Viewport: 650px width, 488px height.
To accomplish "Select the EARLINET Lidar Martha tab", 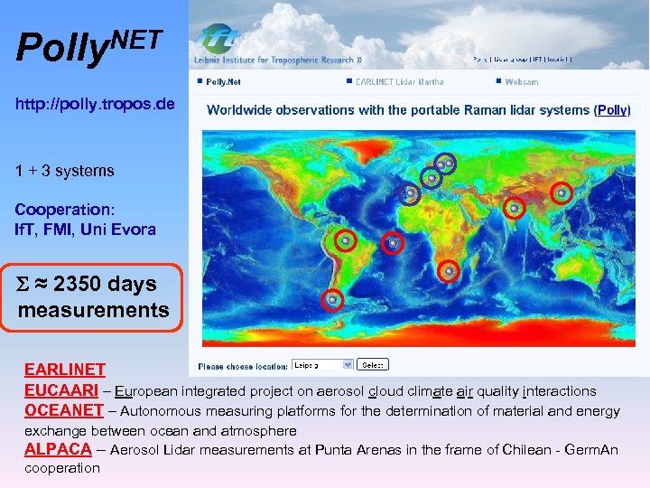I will [x=398, y=81].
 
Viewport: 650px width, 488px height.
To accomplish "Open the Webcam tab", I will [x=521, y=81].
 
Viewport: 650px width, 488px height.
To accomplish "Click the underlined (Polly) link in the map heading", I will [x=612, y=109].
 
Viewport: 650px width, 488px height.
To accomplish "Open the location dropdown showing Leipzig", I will [x=322, y=365].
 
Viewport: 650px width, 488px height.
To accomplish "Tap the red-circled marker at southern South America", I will [x=333, y=299].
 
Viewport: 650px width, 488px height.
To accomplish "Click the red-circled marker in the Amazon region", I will [x=345, y=240].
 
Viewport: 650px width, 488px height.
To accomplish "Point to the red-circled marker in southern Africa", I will [x=449, y=270].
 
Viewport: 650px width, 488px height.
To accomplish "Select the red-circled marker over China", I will [x=562, y=192].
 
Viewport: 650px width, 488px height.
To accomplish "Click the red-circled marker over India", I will [x=514, y=208].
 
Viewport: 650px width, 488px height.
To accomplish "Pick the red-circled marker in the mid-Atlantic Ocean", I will [x=392, y=242].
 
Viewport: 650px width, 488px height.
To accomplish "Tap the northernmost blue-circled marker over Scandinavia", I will [x=445, y=164].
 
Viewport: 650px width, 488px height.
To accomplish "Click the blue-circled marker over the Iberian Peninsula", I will [x=410, y=193].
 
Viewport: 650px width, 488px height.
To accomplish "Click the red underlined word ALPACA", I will [x=58, y=449].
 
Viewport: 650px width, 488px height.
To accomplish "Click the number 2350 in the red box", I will [x=79, y=284].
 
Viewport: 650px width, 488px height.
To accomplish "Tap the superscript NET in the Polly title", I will [x=137, y=39].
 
